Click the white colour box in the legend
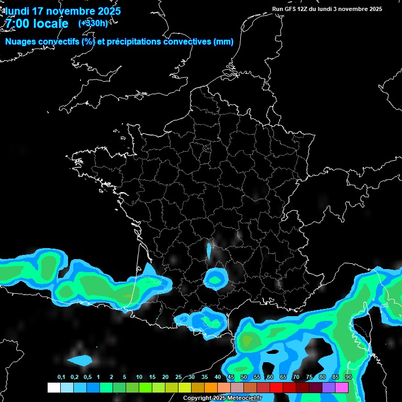click(x=54, y=388)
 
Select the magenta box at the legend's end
click(x=342, y=388)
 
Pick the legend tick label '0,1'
click(x=61, y=377)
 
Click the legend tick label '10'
click(x=139, y=377)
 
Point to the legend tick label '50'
click(x=244, y=377)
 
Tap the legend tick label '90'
click(x=349, y=377)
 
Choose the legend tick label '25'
click(x=178, y=377)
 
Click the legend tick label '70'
click(x=296, y=377)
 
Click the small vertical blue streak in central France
click(x=209, y=251)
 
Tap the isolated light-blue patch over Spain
click(x=80, y=360)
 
